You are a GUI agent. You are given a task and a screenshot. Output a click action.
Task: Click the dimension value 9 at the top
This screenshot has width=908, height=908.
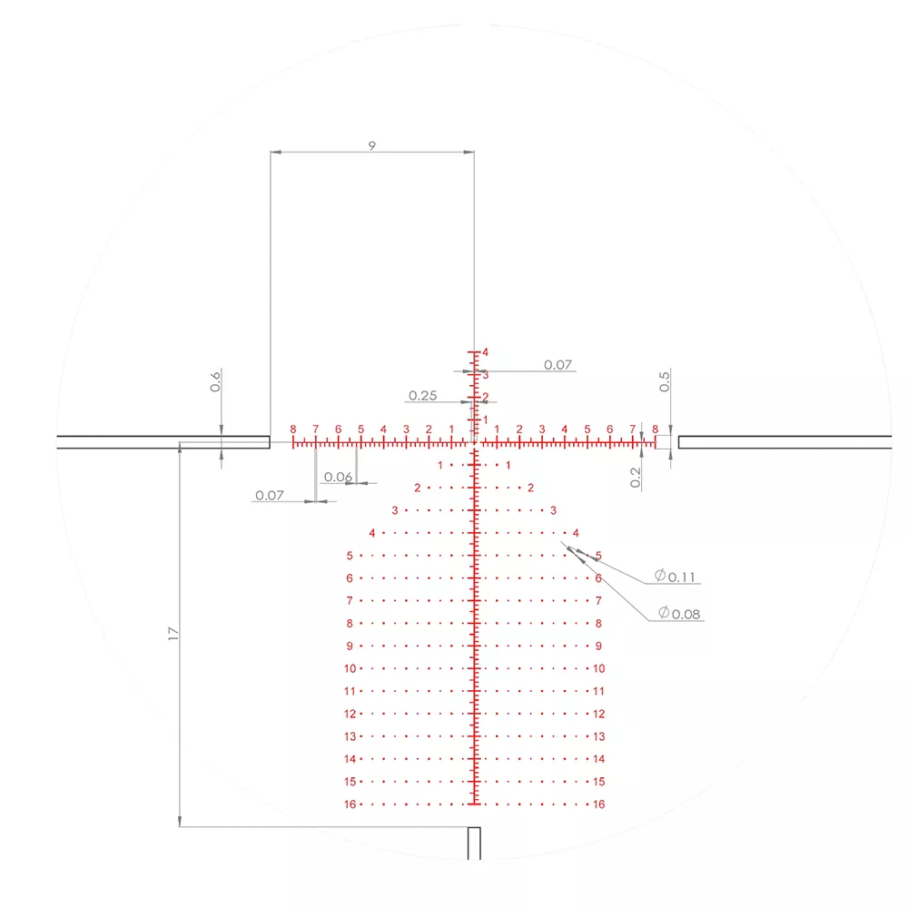point(371,145)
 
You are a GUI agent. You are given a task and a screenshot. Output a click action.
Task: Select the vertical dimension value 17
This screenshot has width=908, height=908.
point(173,634)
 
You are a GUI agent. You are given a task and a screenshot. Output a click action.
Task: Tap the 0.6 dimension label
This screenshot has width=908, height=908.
point(215,381)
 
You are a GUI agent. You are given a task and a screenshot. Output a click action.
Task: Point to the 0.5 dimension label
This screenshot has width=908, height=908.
point(665,381)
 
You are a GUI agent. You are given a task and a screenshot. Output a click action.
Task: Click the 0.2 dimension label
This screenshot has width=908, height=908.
point(636,478)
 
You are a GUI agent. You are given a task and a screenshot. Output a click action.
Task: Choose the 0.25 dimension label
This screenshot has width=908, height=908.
point(423,396)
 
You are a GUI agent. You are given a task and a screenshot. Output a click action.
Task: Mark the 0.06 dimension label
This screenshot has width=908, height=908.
point(338,477)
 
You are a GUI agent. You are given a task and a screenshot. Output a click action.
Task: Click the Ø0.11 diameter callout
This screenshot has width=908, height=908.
point(675,577)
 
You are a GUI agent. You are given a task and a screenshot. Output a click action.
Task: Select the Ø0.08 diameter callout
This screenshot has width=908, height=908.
point(679,613)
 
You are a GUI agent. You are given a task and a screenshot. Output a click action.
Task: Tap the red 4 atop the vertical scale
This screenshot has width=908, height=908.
point(485,352)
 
